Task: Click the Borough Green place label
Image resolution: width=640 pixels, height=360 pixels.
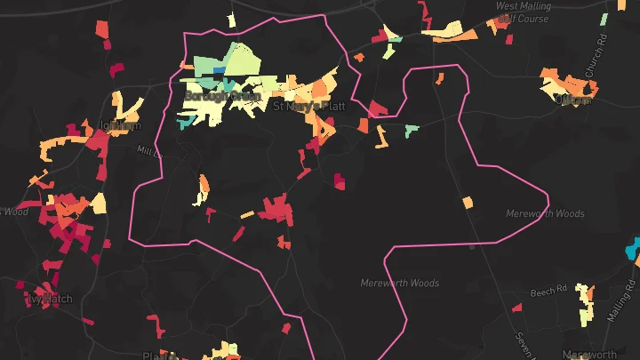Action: [x=222, y=95]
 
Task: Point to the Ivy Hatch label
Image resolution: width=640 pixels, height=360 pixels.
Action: [x=48, y=299]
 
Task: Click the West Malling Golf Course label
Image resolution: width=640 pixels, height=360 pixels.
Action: [x=524, y=12]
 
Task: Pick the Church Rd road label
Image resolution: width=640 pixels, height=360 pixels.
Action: [x=602, y=54]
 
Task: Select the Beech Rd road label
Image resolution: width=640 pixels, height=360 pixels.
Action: [x=548, y=291]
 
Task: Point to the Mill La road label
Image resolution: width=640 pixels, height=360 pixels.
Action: [x=148, y=150]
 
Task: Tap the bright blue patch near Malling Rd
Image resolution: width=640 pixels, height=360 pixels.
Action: [x=632, y=247]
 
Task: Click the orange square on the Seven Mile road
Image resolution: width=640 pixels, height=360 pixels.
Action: [x=468, y=203]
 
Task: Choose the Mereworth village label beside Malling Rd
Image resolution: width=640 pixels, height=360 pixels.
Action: [x=590, y=354]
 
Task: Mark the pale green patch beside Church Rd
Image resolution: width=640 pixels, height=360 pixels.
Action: [x=604, y=19]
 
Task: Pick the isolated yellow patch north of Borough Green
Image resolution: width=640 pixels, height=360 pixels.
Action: [x=231, y=19]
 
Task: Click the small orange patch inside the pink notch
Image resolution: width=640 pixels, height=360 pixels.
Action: [x=438, y=77]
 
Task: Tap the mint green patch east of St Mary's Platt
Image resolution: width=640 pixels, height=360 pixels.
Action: [x=411, y=131]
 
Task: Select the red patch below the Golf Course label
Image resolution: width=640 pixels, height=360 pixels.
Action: [x=509, y=38]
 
